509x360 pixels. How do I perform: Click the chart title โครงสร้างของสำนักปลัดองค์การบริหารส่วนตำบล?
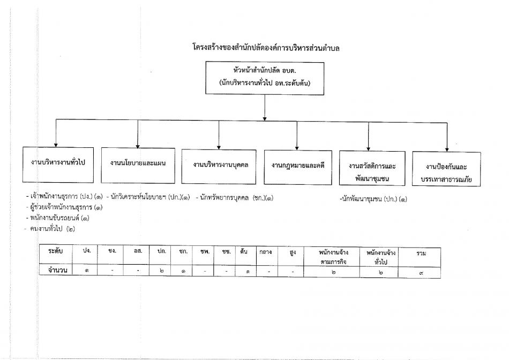click(x=266, y=48)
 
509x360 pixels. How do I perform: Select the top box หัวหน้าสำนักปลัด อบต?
click(x=265, y=78)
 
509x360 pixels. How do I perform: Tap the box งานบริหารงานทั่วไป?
click(x=58, y=165)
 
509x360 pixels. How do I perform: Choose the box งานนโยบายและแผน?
click(x=138, y=165)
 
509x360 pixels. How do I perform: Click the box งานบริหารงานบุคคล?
click(x=219, y=167)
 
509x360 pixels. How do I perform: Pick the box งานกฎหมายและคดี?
click(x=298, y=168)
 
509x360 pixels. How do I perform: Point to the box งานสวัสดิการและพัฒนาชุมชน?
click(x=372, y=168)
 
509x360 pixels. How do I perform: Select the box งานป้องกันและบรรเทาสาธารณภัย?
click(x=446, y=169)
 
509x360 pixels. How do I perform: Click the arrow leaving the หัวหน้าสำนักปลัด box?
click(x=265, y=108)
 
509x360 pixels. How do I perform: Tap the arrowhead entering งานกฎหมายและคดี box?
click(x=297, y=148)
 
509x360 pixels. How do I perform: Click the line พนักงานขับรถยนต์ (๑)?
click(x=58, y=218)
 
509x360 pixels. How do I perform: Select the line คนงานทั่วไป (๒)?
click(x=49, y=229)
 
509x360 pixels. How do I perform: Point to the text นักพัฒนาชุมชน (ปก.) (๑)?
click(x=373, y=199)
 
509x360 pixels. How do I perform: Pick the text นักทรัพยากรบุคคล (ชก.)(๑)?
click(x=234, y=198)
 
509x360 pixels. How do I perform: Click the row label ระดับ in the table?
click(x=56, y=251)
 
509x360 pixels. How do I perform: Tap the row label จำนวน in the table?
click(x=57, y=270)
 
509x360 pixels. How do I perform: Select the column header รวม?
click(x=421, y=253)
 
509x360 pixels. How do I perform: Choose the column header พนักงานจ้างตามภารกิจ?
click(x=333, y=257)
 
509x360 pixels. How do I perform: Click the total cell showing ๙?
click(x=421, y=273)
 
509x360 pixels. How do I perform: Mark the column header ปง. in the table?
click(x=86, y=251)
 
